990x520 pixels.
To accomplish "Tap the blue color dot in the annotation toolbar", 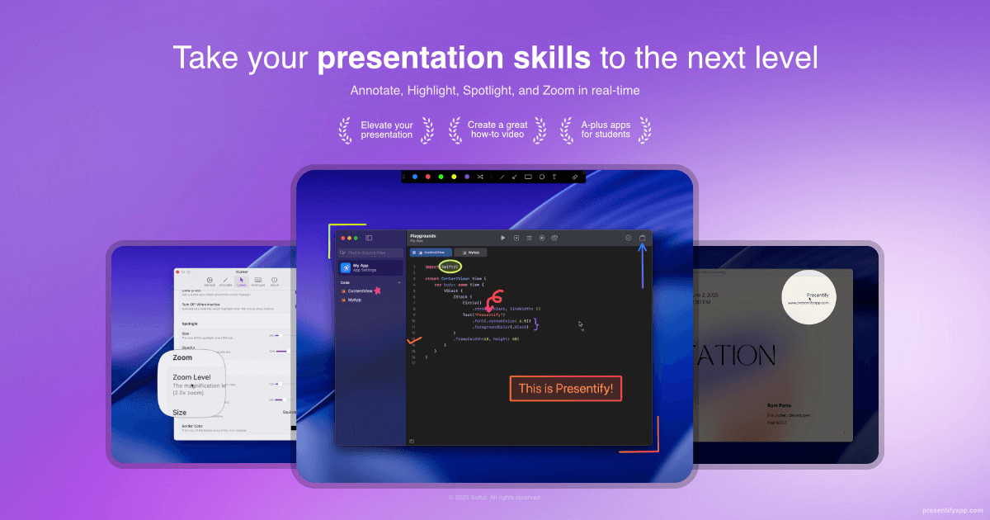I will click(415, 177).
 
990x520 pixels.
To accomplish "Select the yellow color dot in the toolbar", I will click(454, 177).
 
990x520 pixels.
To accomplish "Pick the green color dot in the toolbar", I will click(441, 177).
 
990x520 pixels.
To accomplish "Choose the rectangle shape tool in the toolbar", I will click(528, 177).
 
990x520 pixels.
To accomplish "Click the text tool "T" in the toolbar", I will click(554, 177).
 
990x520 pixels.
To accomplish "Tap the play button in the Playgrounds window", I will click(503, 238).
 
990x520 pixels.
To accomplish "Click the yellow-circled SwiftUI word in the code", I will click(450, 267).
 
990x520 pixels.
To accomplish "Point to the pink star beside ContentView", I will click(378, 291).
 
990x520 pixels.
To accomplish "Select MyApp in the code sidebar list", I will click(356, 300).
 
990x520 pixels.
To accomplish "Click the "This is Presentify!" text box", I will click(565, 389).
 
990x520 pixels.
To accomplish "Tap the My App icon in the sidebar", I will click(346, 267).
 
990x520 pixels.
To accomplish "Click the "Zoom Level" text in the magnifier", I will click(191, 377).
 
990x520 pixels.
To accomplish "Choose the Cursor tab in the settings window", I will click(241, 281).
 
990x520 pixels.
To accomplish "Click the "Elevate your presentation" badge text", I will click(387, 130).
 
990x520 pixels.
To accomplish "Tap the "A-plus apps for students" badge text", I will click(606, 130).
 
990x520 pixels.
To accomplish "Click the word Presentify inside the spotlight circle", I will click(818, 295).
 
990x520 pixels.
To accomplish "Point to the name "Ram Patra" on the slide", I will click(778, 405).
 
